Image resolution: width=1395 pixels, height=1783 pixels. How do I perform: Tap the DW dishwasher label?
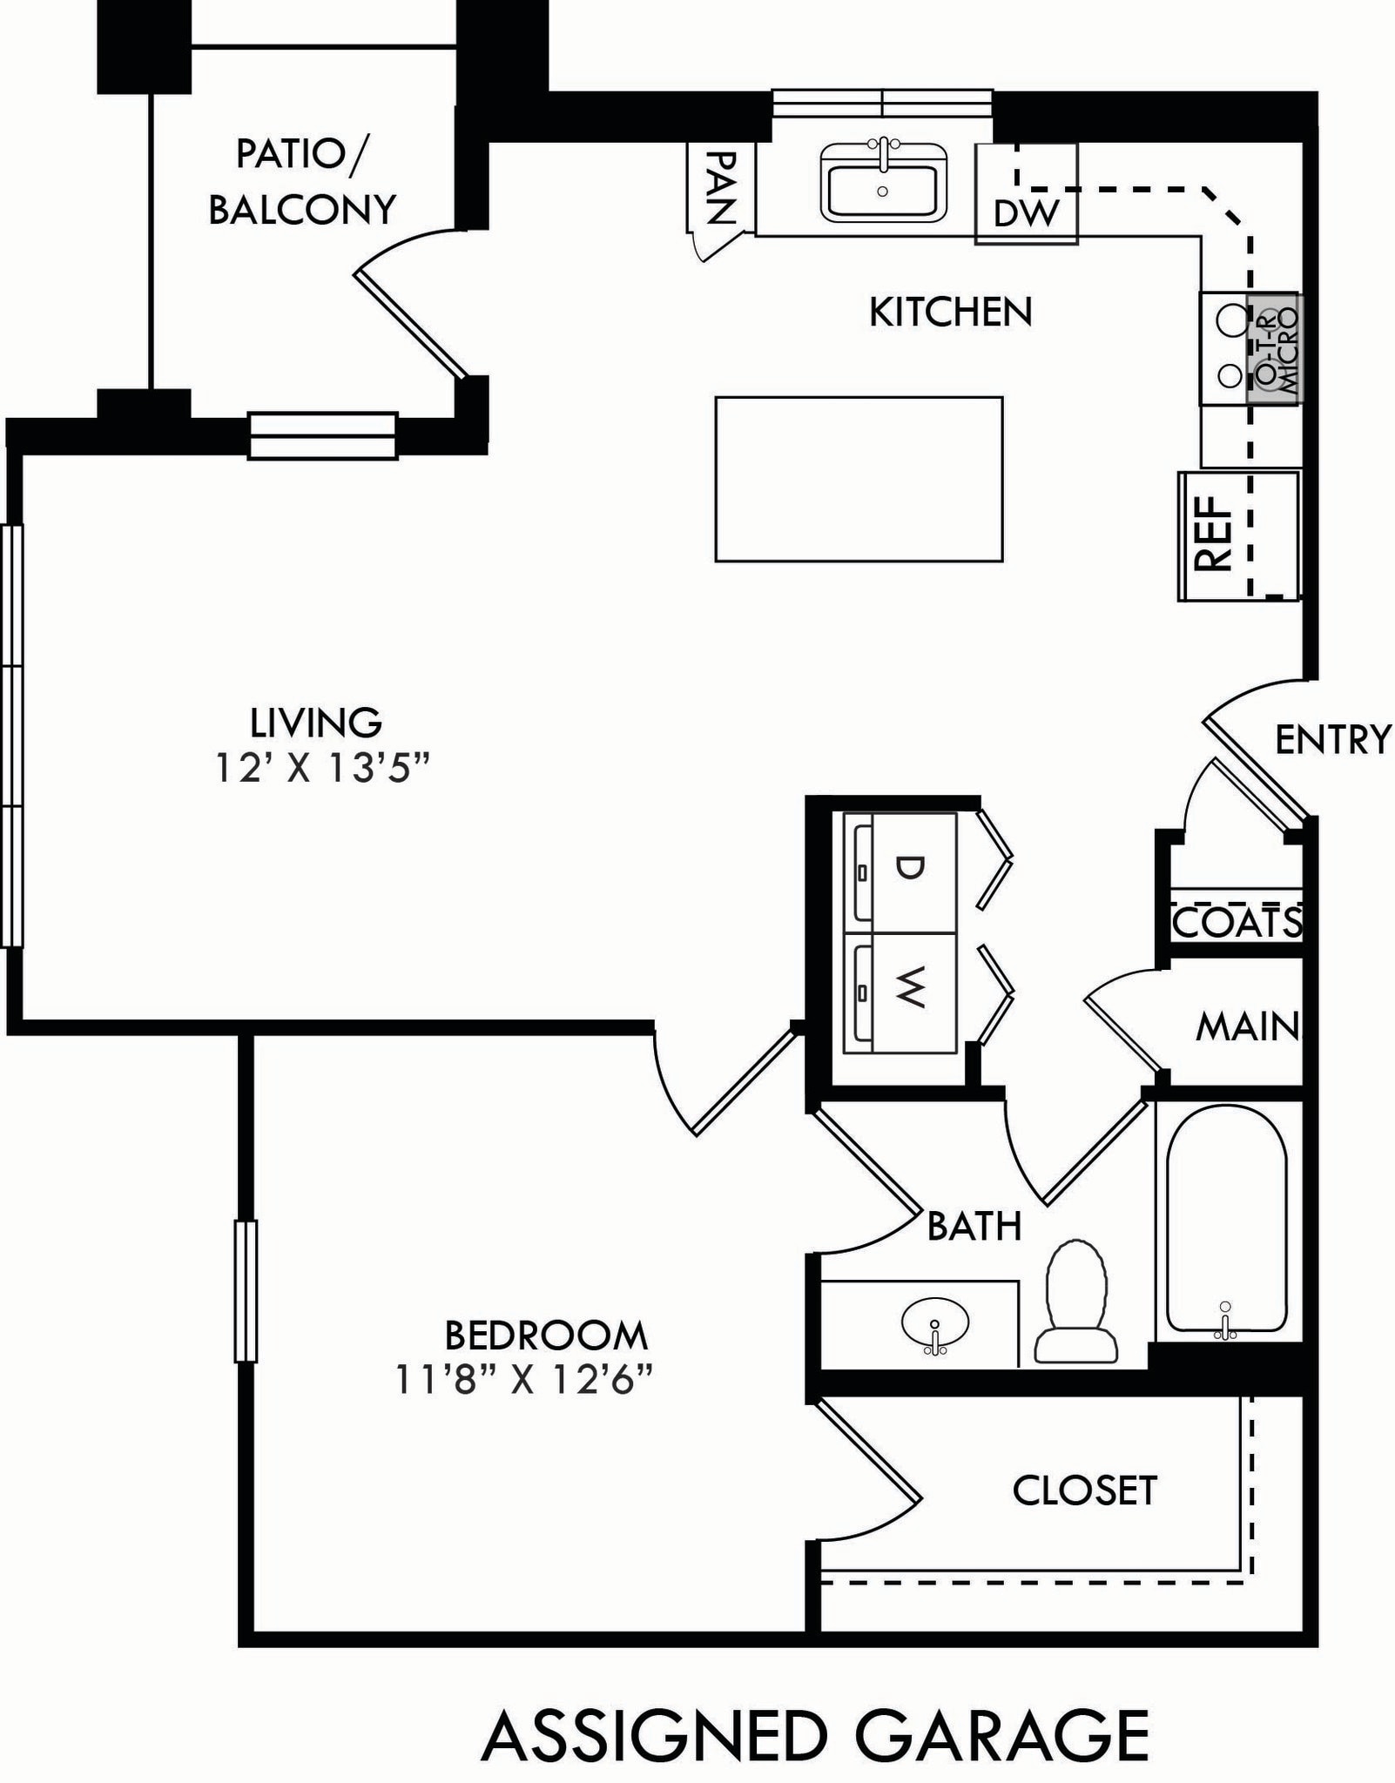point(1026,213)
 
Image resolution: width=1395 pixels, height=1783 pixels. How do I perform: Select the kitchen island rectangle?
point(859,479)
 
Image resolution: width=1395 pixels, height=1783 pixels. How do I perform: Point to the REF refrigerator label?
point(1214,533)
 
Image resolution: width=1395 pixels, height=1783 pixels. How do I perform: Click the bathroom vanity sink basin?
point(934,1325)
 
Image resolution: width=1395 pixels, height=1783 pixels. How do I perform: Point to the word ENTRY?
point(1332,740)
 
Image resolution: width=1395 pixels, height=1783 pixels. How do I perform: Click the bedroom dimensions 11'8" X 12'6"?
point(524,1379)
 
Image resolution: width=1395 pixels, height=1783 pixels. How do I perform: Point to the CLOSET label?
point(1084,1490)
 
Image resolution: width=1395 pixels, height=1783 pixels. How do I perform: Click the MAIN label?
point(1247,1026)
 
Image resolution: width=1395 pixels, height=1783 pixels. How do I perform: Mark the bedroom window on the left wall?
point(246,1291)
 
